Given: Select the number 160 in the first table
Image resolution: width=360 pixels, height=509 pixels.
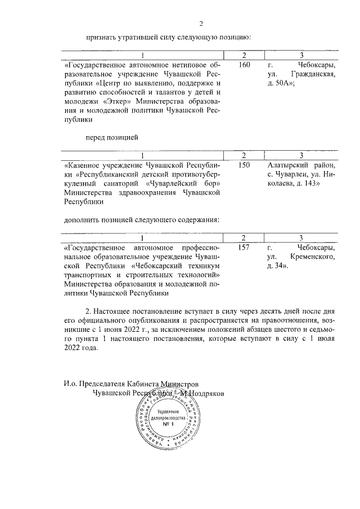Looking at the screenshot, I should point(244,65).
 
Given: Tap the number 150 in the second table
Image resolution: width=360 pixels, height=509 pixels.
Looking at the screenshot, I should point(244,165).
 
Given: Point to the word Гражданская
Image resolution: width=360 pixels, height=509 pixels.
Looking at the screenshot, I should point(313,74).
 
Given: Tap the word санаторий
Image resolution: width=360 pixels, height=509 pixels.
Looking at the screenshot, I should point(124,183).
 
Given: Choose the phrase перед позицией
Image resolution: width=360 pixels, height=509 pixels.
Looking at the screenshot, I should point(111,137).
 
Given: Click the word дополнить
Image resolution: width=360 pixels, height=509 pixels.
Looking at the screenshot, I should point(79,219).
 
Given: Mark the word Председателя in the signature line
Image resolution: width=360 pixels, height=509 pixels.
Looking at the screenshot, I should point(103,384).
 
